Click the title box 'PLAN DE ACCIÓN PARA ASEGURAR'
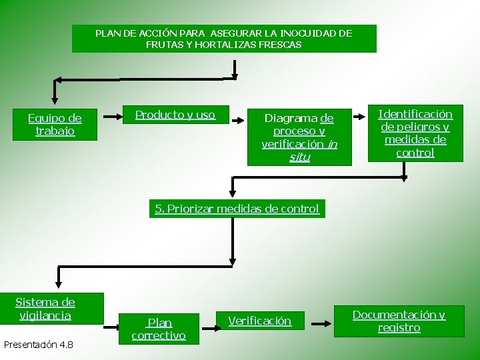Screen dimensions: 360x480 tap(224, 39)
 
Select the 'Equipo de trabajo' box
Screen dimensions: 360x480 tap(55, 125)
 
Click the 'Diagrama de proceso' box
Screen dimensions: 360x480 tap(299, 137)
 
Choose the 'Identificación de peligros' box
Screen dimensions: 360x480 tap(415, 133)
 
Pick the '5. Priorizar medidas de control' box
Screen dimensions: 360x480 tap(237, 209)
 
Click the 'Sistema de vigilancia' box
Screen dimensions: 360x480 tap(46, 309)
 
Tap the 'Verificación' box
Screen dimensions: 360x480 tap(260, 321)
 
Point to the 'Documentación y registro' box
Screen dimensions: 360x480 tap(399, 321)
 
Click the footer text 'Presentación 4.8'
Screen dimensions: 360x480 tap(38, 345)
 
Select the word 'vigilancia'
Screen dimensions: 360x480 tap(46, 315)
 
